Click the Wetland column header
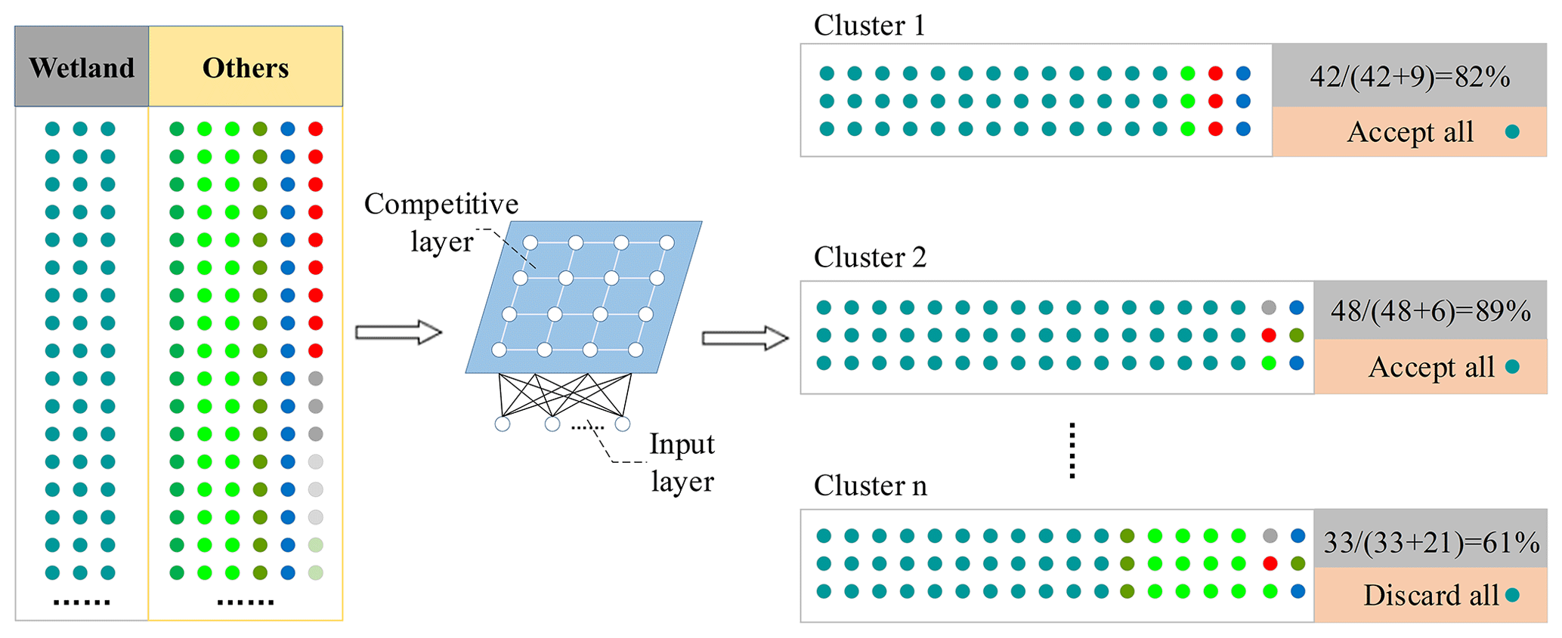[x=82, y=68]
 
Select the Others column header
[x=246, y=68]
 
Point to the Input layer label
[x=682, y=462]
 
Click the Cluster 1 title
[x=869, y=26]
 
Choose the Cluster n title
[x=870, y=485]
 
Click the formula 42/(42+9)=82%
[x=1409, y=76]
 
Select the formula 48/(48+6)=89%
[x=1431, y=310]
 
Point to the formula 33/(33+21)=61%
[x=1431, y=542]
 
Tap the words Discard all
[x=1431, y=595]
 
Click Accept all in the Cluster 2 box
[x=1431, y=367]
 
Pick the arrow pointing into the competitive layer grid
[x=398, y=332]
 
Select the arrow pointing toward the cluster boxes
[x=745, y=337]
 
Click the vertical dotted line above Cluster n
[x=1072, y=451]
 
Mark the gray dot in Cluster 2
[x=1269, y=307]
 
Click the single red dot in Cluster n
[x=1270, y=563]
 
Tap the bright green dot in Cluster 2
[x=1269, y=363]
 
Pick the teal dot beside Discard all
[x=1512, y=595]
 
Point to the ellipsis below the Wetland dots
[x=82, y=603]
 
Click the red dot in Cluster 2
[x=1269, y=335]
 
